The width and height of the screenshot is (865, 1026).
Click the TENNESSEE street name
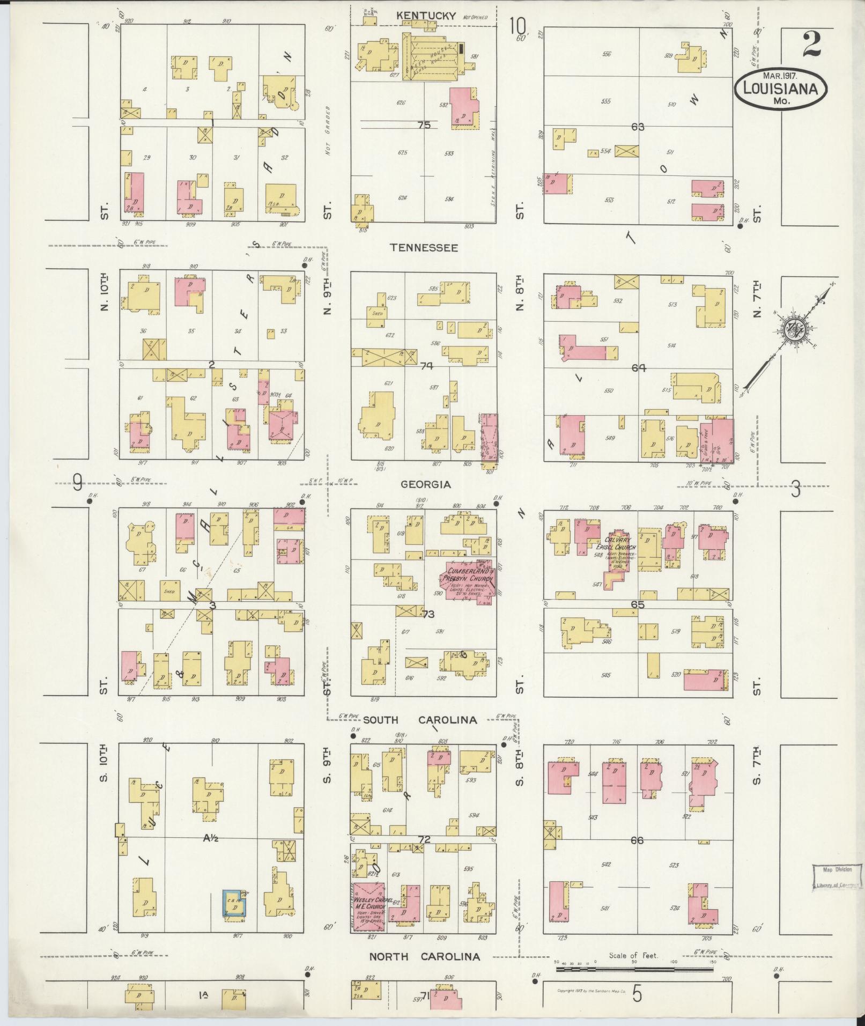pos(423,248)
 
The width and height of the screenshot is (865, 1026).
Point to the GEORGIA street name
pos(426,484)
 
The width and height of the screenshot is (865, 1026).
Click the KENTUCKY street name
pos(426,16)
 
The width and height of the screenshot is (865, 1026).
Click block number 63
pos(638,127)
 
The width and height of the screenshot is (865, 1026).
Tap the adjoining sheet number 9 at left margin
pos(78,485)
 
